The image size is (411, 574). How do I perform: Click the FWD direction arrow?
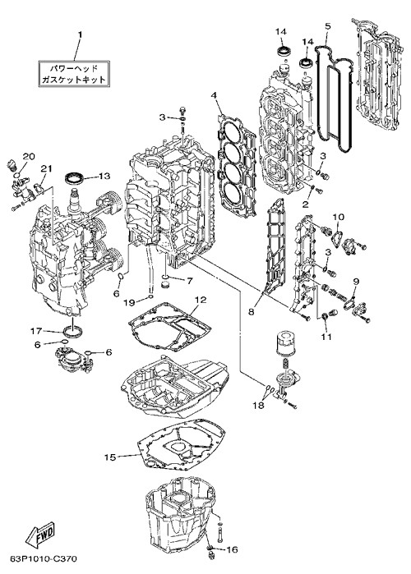coord(40,534)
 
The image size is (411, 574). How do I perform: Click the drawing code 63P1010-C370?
coord(44,559)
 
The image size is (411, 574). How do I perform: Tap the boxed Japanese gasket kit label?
coord(74,74)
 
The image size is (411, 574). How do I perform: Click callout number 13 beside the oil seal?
coord(104,176)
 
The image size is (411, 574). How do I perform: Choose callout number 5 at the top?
coord(328,26)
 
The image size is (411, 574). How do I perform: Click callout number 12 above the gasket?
coord(201,300)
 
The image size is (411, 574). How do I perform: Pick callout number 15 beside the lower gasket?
coord(109,457)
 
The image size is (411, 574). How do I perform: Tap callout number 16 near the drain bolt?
coord(232,549)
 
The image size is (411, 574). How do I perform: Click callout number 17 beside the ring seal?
coord(36,331)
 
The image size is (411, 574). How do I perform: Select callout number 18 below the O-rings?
coord(259,406)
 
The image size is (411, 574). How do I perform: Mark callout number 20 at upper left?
coord(29,156)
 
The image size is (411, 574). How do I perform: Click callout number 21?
coord(46,169)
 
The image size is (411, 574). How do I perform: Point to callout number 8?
coord(251,311)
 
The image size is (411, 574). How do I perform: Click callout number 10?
coord(339,217)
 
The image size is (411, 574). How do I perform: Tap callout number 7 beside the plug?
coord(189,281)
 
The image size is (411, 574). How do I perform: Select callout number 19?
coord(129,302)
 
